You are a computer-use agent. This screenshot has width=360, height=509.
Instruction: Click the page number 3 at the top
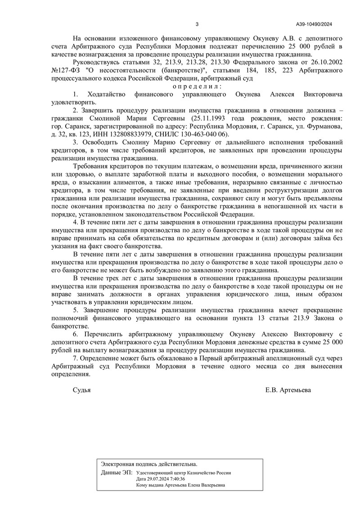coord(197,24)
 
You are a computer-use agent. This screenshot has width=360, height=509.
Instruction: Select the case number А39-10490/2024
coord(314,24)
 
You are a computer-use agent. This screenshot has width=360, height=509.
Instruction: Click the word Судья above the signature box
coord(82,390)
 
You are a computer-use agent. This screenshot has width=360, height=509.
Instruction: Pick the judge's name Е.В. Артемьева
coord(288,390)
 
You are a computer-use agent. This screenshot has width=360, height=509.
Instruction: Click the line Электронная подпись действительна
coord(149,464)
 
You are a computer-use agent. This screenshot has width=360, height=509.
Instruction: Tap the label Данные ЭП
coord(117,473)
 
